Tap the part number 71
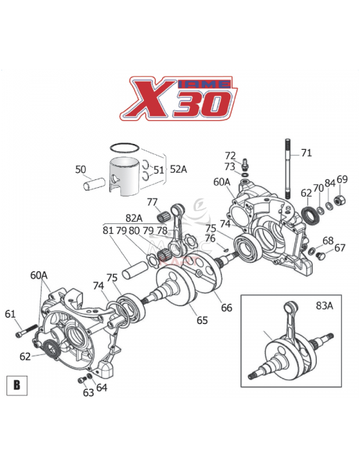click(307, 153)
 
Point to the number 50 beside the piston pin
click(81, 170)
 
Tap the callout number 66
click(226, 307)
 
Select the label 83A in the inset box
click(325, 305)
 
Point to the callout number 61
click(10, 313)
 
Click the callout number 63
click(88, 392)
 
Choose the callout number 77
click(153, 202)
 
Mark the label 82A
click(133, 217)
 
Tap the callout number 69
click(342, 179)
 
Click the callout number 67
click(340, 248)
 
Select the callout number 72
click(230, 156)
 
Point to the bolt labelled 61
click(26, 332)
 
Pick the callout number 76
click(210, 238)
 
